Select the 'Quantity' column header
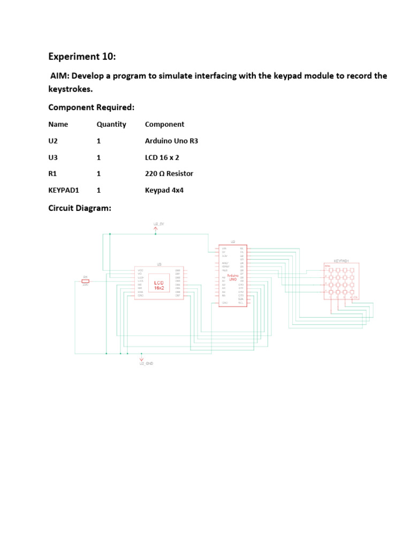click(x=111, y=124)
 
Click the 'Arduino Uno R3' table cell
click(x=171, y=141)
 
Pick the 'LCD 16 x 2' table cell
click(x=162, y=157)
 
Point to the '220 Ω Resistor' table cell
click(x=169, y=173)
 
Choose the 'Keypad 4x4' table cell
click(x=164, y=190)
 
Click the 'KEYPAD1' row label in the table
click(x=64, y=190)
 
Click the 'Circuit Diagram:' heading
click(x=80, y=208)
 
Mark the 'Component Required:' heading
click(x=92, y=108)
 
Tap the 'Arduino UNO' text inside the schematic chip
click(x=232, y=278)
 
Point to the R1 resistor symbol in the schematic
click(x=85, y=281)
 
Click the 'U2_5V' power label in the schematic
click(x=159, y=223)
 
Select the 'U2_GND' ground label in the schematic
click(x=146, y=363)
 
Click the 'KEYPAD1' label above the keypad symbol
click(x=341, y=261)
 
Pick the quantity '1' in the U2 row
click(x=99, y=141)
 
